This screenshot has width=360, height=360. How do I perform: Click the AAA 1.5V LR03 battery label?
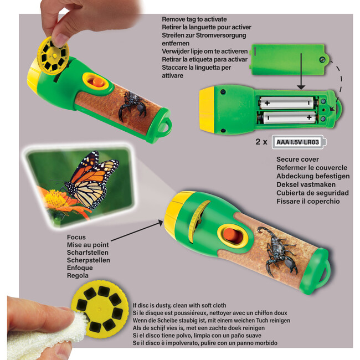point(298,142)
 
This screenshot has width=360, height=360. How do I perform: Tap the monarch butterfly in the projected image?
point(90,180)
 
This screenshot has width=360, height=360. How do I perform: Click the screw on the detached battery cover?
point(322,60)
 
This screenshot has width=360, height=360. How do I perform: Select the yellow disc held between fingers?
point(53,56)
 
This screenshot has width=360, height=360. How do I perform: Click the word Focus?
point(76,237)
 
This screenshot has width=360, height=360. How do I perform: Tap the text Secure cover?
point(297,160)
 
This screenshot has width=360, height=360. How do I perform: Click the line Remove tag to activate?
point(194,19)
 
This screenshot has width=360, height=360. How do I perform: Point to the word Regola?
point(78,275)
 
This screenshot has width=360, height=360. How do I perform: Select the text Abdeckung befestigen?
point(313,176)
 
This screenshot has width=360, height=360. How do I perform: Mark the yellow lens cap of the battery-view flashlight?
point(207,110)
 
